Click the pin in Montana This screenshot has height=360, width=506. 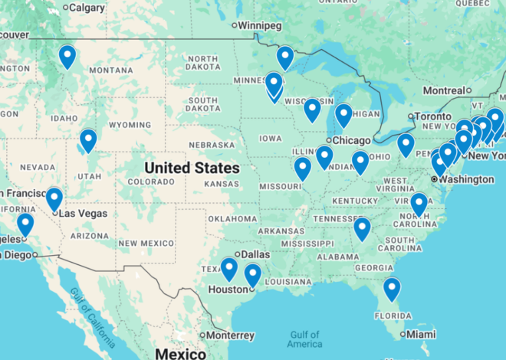coord(67,56)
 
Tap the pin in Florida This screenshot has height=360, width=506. coord(392,288)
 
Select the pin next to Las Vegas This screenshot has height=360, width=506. coord(54,199)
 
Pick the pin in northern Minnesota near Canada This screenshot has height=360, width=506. coord(285,57)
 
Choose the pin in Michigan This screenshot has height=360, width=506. coord(343,115)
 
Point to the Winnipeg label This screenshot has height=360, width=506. coord(259,25)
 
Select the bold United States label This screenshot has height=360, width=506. coord(192,167)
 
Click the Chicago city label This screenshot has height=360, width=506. coord(353,141)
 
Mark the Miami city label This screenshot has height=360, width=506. coord(422,335)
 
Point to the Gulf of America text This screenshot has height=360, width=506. coord(305,339)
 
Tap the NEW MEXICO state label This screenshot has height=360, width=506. coord(149,243)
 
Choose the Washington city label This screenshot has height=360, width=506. coord(466,179)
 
